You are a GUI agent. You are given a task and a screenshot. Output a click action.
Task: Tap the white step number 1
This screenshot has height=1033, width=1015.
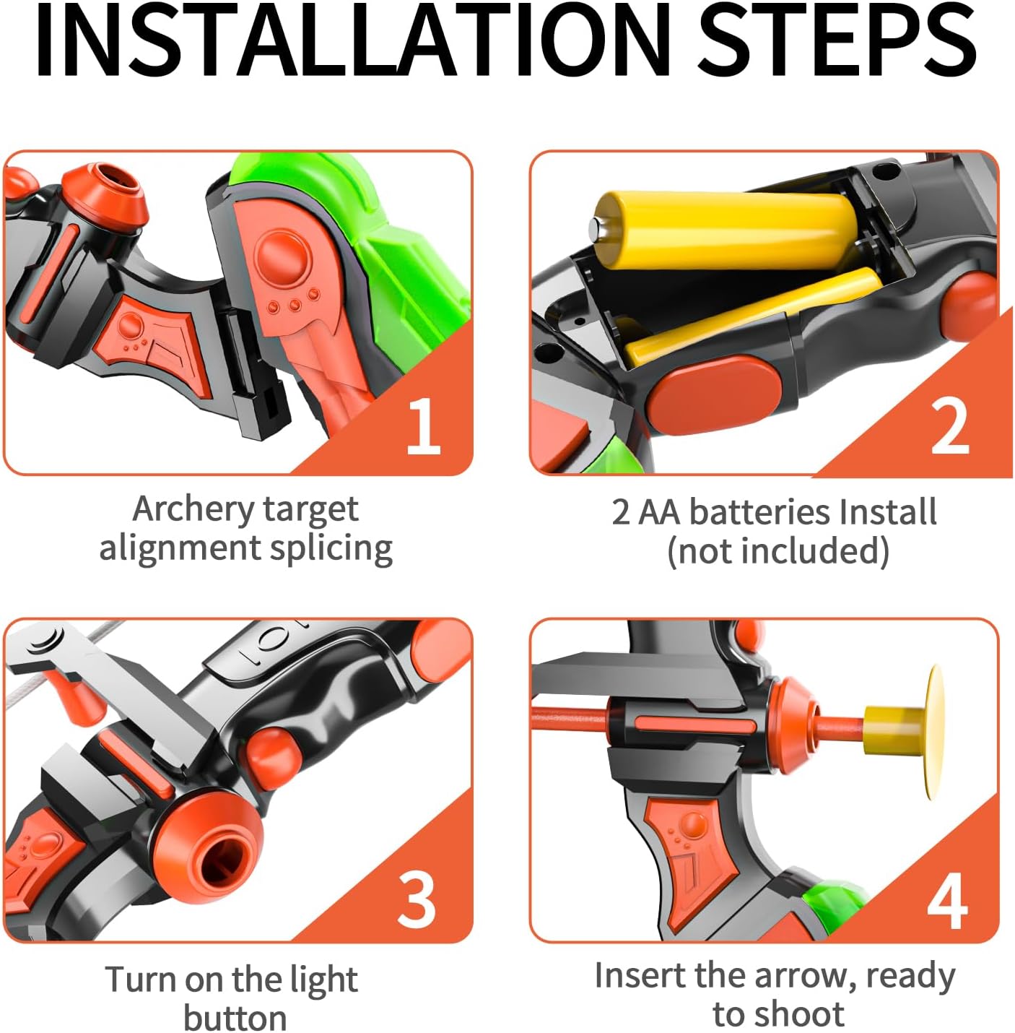423,426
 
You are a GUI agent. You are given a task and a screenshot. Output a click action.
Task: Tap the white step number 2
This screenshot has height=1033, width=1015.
950,427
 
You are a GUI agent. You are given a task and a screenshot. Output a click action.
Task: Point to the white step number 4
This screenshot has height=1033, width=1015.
947,902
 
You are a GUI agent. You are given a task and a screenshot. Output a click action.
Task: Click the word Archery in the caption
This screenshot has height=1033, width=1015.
193,509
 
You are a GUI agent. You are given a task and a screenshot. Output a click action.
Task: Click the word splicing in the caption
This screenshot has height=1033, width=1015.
331,549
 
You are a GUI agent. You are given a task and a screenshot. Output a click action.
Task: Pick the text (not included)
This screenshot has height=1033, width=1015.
778,550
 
